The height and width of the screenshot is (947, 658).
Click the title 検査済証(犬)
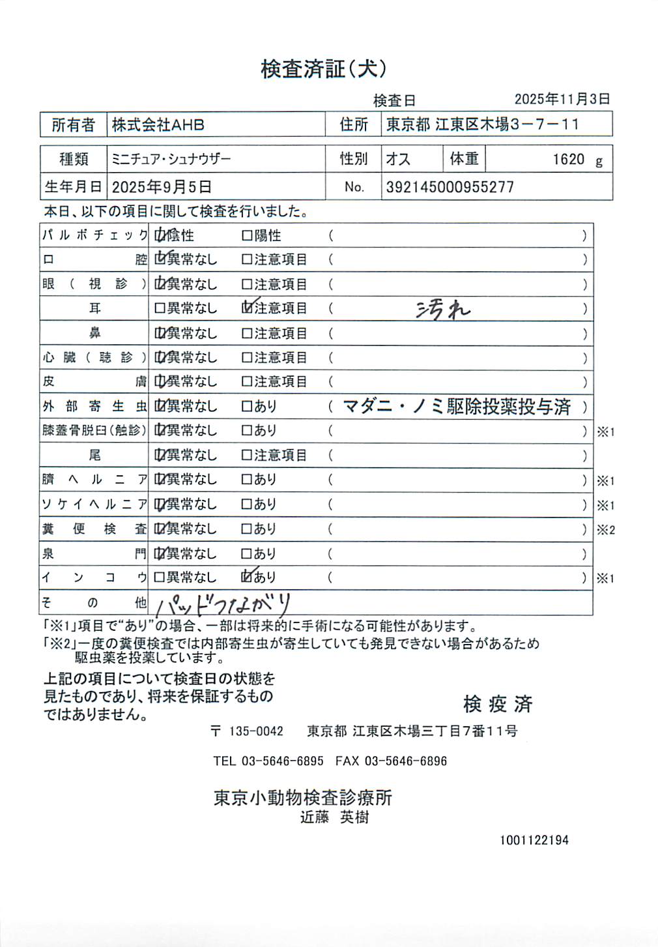(324, 69)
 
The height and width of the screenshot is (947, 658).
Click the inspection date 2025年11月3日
(562, 99)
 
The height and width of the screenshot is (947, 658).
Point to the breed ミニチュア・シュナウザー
(171, 159)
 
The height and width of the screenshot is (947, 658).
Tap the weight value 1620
(568, 160)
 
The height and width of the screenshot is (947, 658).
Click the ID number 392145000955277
(450, 188)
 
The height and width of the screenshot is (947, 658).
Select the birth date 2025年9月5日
(162, 188)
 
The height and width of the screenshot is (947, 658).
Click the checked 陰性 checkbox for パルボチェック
(160, 235)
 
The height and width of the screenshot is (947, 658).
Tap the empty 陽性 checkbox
(247, 235)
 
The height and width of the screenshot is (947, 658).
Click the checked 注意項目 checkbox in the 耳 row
(247, 308)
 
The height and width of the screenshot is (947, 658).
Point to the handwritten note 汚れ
(443, 310)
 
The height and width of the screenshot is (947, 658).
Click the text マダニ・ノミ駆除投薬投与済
(457, 407)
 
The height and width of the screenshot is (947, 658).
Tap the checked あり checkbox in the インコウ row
(247, 577)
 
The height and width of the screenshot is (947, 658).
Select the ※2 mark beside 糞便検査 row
(605, 530)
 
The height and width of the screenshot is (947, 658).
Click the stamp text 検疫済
(498, 704)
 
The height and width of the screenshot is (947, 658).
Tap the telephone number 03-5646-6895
(282, 761)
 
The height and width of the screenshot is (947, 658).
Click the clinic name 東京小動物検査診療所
(303, 798)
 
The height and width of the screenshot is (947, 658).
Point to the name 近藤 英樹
(334, 817)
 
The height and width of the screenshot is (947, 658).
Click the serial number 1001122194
(534, 840)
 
